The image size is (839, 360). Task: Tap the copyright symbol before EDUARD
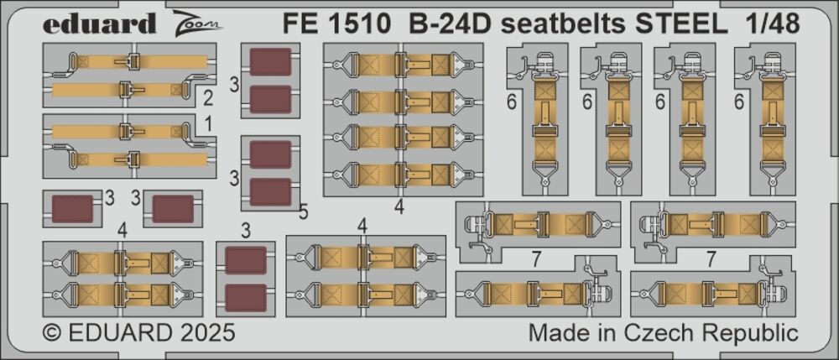coord(52,332)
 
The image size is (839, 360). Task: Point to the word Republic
coord(753,333)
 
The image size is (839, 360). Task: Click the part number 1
coord(208,125)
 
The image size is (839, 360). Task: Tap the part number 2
coord(208,98)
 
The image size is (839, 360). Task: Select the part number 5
coord(304,212)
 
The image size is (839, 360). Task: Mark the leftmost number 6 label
coord(512,101)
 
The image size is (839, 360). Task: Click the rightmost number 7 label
coord(711,259)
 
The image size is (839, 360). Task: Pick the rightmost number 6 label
coord(740,101)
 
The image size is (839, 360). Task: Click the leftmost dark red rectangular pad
coord(72,209)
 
